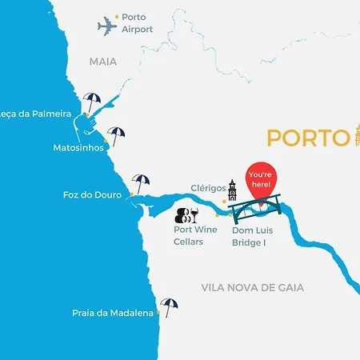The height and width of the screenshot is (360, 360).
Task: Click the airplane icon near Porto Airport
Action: pyautogui.click(x=107, y=26)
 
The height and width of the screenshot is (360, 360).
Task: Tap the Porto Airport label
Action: pyautogui.click(x=137, y=22)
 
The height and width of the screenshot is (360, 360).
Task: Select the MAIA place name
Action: pyautogui.click(x=102, y=62)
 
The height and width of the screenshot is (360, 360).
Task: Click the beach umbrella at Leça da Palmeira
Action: pyautogui.click(x=93, y=102)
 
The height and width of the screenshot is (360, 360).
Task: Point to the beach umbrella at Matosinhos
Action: pyautogui.click(x=117, y=135)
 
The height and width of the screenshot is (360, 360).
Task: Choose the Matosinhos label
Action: pyautogui.click(x=77, y=148)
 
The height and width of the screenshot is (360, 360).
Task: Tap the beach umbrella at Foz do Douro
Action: pyautogui.click(x=141, y=182)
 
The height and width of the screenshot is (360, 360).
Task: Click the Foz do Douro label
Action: pyautogui.click(x=92, y=194)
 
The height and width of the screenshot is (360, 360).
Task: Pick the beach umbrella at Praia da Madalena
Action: pyautogui.click(x=169, y=306)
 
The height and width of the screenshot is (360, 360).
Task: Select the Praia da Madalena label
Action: pyautogui.click(x=113, y=314)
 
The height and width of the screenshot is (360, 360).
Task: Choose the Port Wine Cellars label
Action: pyautogui.click(x=195, y=235)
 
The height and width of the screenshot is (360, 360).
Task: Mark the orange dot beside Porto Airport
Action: pyautogui.click(x=117, y=16)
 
